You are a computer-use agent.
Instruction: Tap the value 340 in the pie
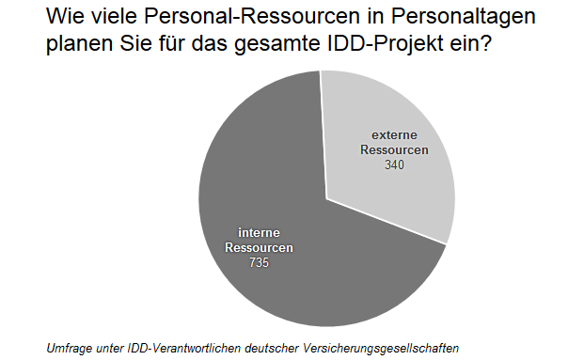tap(395, 164)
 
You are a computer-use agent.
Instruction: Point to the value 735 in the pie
tap(260, 263)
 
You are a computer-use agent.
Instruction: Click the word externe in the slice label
tap(394, 135)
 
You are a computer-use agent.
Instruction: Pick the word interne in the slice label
tap(260, 233)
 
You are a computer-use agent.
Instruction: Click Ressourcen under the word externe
tap(394, 150)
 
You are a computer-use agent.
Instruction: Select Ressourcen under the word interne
tap(260, 248)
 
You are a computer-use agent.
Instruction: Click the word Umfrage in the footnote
tap(70, 348)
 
